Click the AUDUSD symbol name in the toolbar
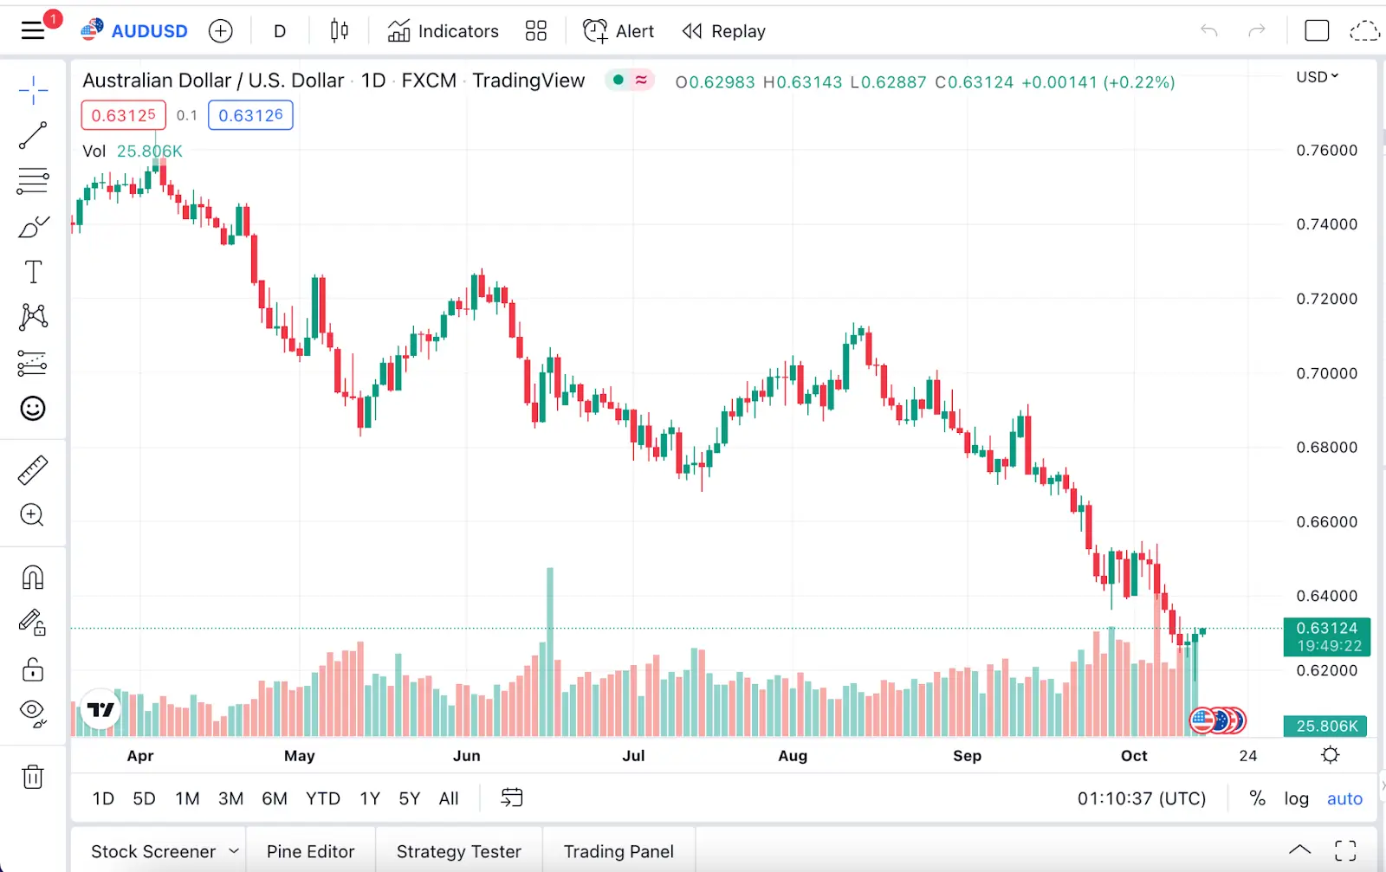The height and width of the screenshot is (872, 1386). [149, 31]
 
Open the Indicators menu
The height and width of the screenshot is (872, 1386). [444, 31]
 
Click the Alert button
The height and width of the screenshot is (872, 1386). [619, 31]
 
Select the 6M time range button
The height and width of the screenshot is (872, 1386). [275, 798]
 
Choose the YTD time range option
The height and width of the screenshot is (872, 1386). [322, 798]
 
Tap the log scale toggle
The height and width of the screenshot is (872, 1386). [1296, 798]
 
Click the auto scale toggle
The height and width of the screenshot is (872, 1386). [1344, 798]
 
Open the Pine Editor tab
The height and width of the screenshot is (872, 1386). [310, 851]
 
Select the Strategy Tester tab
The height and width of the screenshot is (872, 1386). [458, 851]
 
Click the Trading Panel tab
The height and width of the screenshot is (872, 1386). [619, 851]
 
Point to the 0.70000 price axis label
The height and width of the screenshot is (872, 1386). [1326, 373]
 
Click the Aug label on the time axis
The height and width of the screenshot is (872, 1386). [792, 756]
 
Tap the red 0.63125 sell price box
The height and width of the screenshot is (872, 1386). [123, 115]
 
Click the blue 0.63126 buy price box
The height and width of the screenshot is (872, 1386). [250, 115]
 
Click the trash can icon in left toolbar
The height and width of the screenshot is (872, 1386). [33, 777]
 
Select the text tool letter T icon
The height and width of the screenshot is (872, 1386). [33, 272]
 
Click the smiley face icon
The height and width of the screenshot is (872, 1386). [33, 408]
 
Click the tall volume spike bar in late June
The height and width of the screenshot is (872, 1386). [549, 649]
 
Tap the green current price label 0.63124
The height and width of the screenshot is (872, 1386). [1326, 636]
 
